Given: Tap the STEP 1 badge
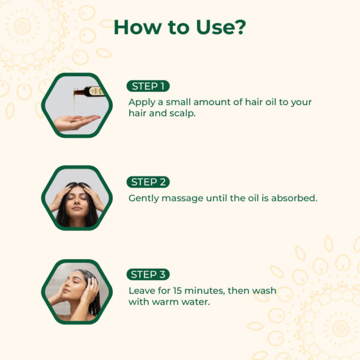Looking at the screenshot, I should tap(148, 86).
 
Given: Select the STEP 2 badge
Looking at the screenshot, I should tap(148, 182).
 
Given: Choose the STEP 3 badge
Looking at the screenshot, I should tap(148, 275).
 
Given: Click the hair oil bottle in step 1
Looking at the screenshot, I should tap(92, 91).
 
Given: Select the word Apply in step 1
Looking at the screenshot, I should tap(142, 102).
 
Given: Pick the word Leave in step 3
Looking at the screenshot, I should tap(142, 290).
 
